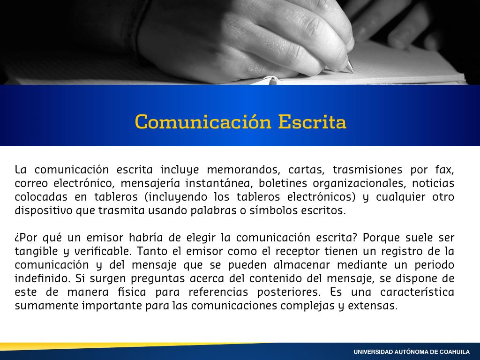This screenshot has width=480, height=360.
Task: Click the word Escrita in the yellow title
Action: (x=312, y=122)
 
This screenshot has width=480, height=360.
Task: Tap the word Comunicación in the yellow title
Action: (x=203, y=122)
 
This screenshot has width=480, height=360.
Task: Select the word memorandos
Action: (x=242, y=170)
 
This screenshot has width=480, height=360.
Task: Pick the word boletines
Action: (x=283, y=183)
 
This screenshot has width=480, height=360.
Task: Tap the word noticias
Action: (x=433, y=183)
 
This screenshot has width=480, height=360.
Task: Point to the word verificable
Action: (x=103, y=251)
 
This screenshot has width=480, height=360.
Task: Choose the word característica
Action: (x=417, y=292)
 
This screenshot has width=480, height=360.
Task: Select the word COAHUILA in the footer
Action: (x=455, y=352)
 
